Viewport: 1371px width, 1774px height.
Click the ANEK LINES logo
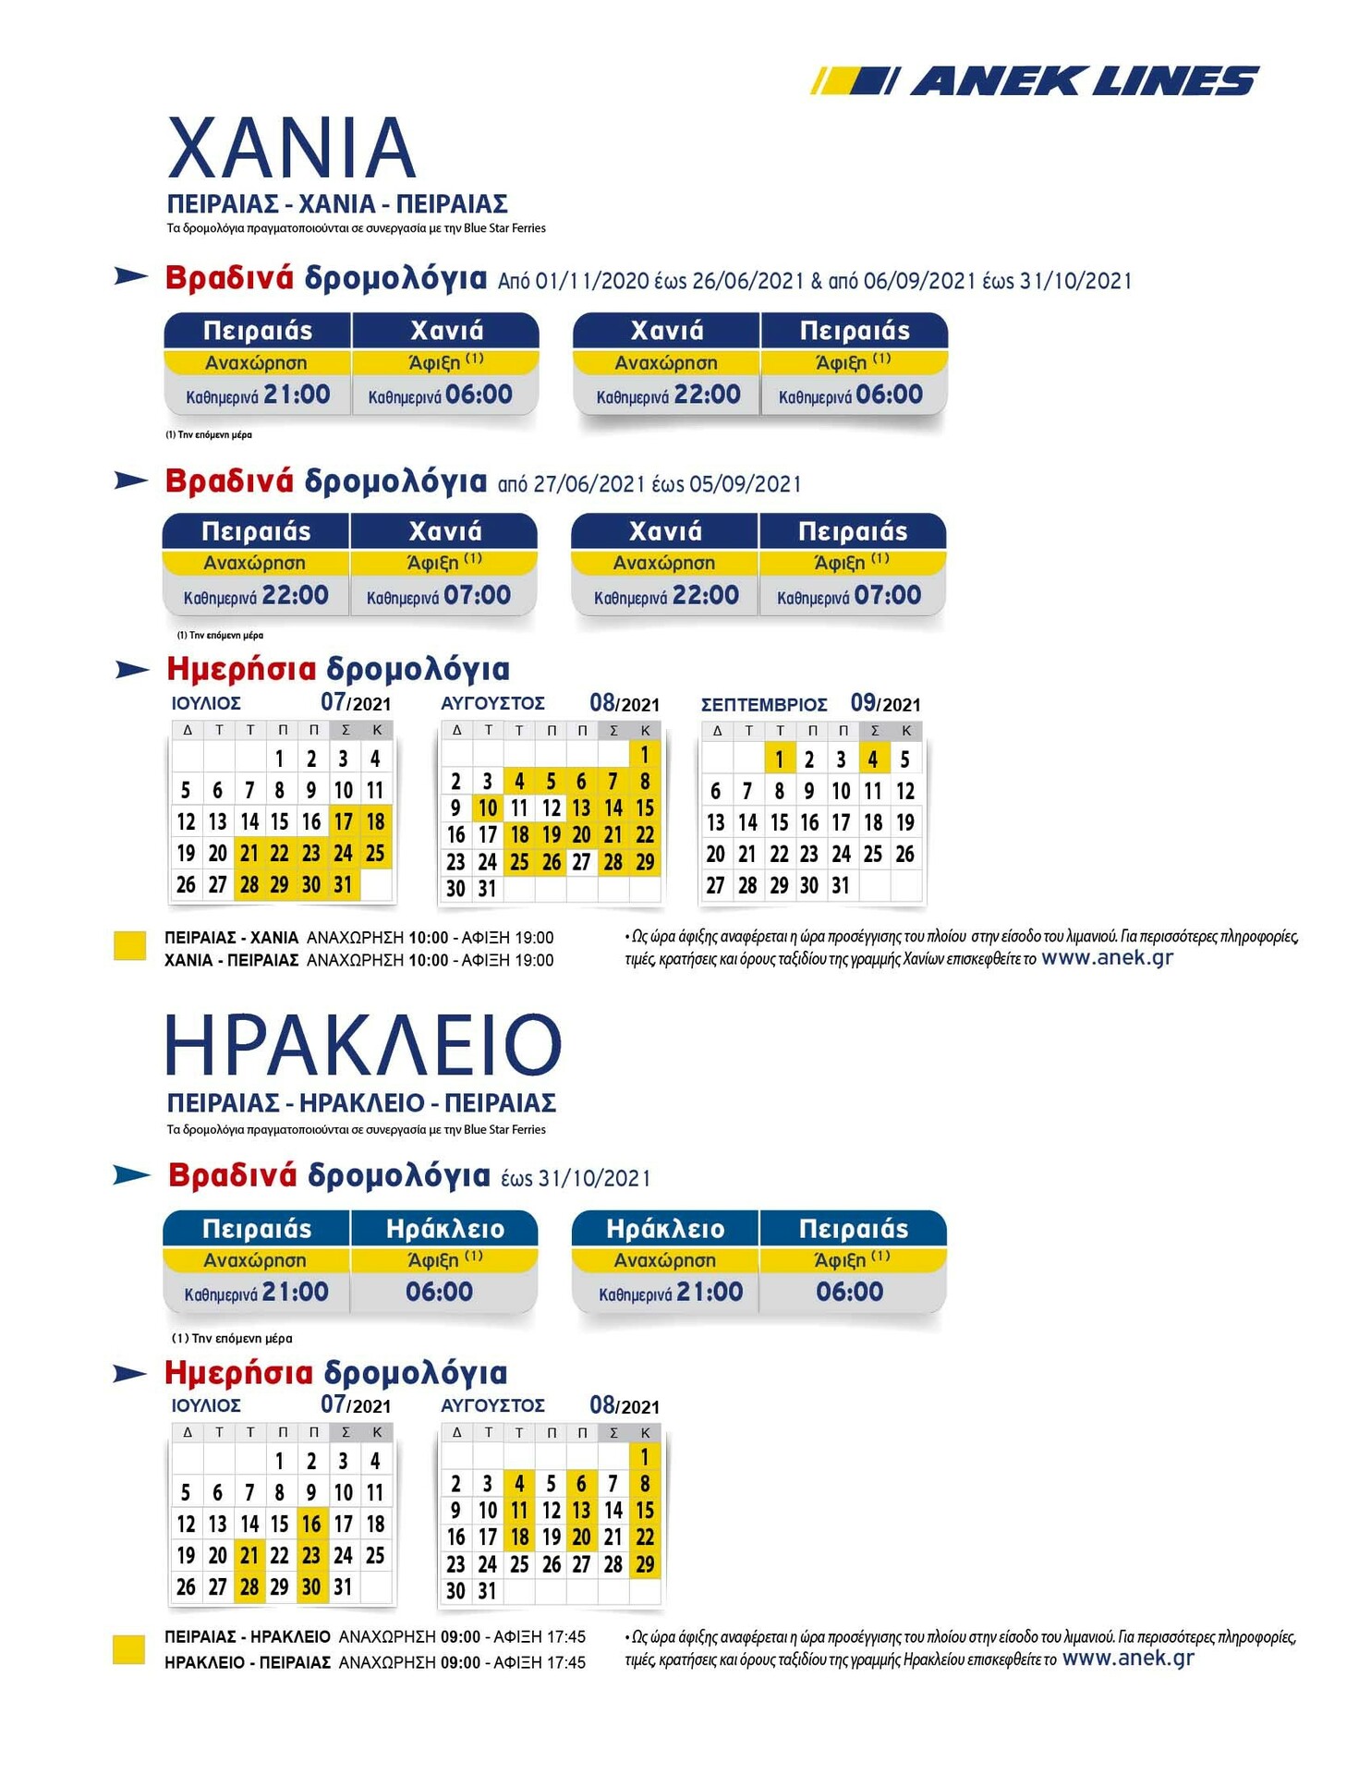pos(1035,81)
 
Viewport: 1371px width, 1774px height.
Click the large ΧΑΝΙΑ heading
pos(291,148)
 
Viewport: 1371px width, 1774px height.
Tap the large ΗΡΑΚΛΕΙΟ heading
pos(363,1045)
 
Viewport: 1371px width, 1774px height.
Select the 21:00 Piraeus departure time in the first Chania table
pos(297,395)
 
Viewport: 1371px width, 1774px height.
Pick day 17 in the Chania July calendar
pos(344,821)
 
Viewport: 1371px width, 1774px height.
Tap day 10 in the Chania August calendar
pos(488,808)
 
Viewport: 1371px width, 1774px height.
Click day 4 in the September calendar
pos(873,759)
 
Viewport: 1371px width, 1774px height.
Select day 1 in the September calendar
pos(780,759)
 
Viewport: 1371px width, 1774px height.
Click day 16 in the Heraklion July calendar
pos(311,1524)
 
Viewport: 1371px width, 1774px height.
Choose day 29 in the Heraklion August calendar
pos(645,1564)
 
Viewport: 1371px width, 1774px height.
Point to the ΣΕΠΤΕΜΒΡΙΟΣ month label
pos(764,705)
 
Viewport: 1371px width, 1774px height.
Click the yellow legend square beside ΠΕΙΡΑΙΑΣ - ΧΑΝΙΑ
pos(129,946)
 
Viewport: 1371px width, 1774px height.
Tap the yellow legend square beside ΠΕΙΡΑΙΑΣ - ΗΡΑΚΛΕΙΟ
pos(128,1649)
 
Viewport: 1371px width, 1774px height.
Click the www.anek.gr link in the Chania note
pos(1107,958)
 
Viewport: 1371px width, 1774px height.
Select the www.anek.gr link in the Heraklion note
pos(1128,1658)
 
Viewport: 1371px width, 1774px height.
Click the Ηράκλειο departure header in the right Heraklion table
pos(665,1229)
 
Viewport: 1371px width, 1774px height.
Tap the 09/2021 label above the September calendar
pos(885,703)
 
